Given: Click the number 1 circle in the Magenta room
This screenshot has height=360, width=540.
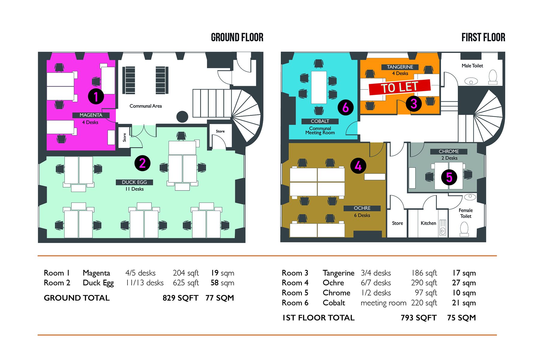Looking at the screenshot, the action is [96, 97].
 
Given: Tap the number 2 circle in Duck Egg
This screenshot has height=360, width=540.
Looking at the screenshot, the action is [142, 163].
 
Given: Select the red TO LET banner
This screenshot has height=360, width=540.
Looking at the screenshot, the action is [400, 87].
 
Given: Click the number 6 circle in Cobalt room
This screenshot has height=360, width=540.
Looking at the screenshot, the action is [346, 107].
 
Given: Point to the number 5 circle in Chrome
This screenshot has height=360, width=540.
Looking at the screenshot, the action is [449, 177].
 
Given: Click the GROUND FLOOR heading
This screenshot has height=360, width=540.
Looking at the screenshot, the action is [237, 37].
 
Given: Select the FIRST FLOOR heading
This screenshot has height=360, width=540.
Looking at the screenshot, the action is [483, 37].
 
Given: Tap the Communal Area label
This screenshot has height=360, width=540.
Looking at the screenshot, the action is [145, 106].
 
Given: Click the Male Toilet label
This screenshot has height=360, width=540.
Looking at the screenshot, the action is [472, 66].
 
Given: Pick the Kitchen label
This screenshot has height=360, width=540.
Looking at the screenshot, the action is [428, 223].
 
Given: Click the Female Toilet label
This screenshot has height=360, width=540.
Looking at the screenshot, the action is [466, 213].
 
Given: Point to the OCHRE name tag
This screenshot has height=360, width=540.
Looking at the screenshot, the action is [362, 208].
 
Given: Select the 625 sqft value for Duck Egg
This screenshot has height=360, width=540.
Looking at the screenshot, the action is [186, 283].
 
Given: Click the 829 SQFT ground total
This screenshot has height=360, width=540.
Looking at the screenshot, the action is [181, 298].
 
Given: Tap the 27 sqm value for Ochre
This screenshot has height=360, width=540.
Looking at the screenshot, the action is [464, 283].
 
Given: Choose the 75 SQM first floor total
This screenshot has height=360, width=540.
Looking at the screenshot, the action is [461, 318].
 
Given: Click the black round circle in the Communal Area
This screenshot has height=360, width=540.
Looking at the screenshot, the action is [182, 117].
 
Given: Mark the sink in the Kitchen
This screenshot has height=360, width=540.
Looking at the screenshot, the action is [442, 227].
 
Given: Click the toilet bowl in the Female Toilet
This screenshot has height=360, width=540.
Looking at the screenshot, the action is [464, 229].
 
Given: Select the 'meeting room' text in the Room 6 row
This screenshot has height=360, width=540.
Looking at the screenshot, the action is [383, 303].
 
